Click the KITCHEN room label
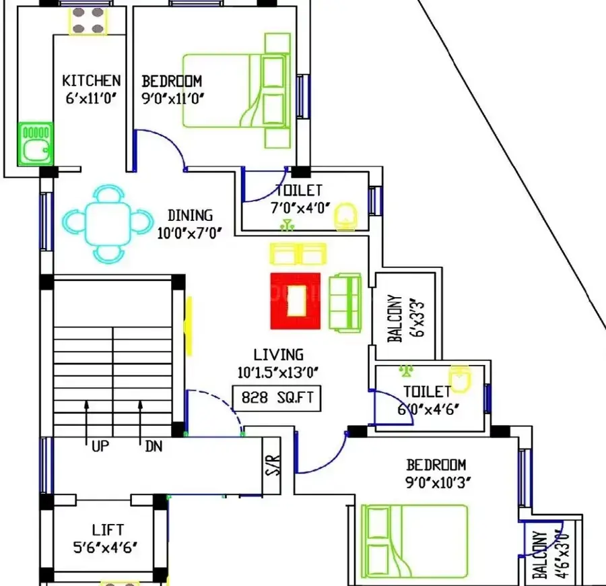tap(91, 81)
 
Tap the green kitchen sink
tap(36, 143)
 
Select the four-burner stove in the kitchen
tap(88, 21)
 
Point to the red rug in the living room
tap(296, 301)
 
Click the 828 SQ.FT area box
tap(277, 398)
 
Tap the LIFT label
tap(108, 529)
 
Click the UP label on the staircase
tap(100, 447)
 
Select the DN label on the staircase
tap(154, 447)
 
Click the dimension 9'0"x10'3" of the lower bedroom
tap(438, 482)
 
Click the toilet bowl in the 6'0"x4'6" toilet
tap(459, 379)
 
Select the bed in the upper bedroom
tap(236, 91)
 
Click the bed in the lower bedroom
tap(414, 541)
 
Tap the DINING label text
tap(190, 216)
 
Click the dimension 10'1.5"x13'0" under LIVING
tap(278, 372)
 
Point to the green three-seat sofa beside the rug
tap(345, 302)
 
